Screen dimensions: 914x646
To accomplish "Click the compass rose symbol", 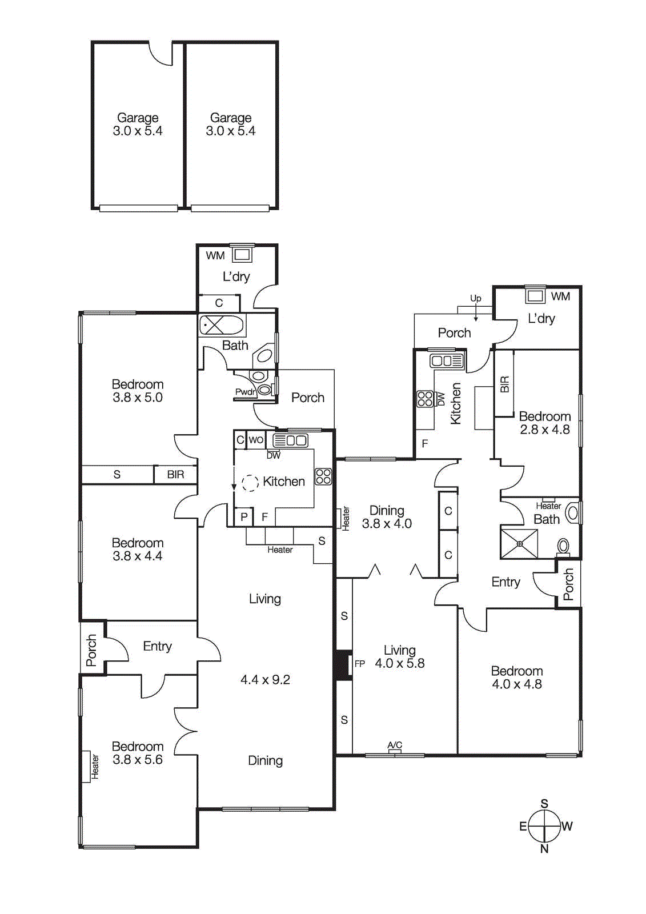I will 544,826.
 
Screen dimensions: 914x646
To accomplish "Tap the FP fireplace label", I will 359,664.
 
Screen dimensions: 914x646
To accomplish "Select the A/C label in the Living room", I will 395,745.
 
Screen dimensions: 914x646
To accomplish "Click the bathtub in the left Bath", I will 222,326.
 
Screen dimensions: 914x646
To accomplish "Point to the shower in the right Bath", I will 519,544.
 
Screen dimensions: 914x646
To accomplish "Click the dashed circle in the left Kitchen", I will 250,483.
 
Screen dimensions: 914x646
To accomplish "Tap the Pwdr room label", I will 245,392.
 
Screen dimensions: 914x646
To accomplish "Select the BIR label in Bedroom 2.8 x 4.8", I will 504,384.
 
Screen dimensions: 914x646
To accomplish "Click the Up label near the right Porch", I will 475,298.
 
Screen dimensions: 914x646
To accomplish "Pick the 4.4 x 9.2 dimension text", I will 265,680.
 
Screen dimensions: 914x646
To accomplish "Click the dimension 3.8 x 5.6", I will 138,760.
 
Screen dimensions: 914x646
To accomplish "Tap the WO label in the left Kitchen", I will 256,440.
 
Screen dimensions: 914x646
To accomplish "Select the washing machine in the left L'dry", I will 242,254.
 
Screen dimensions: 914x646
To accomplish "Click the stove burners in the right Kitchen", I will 425,398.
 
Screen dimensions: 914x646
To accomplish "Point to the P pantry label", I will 244,517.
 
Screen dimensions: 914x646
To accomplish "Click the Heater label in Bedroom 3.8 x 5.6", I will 95,767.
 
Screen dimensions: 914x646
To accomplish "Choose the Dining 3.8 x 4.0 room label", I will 387,517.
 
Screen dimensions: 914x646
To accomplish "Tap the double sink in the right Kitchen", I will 447,360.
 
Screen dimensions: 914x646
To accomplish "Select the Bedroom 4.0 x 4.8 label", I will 517,678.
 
